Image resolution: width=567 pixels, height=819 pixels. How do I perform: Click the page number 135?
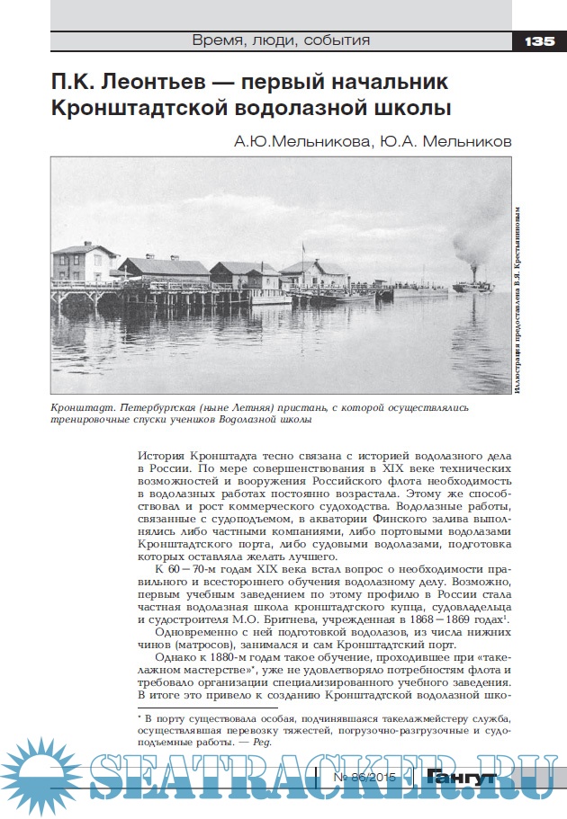point(537,40)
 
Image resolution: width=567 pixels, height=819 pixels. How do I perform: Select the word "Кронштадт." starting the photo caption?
point(83,407)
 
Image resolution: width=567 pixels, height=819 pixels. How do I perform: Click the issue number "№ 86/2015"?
point(364,776)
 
